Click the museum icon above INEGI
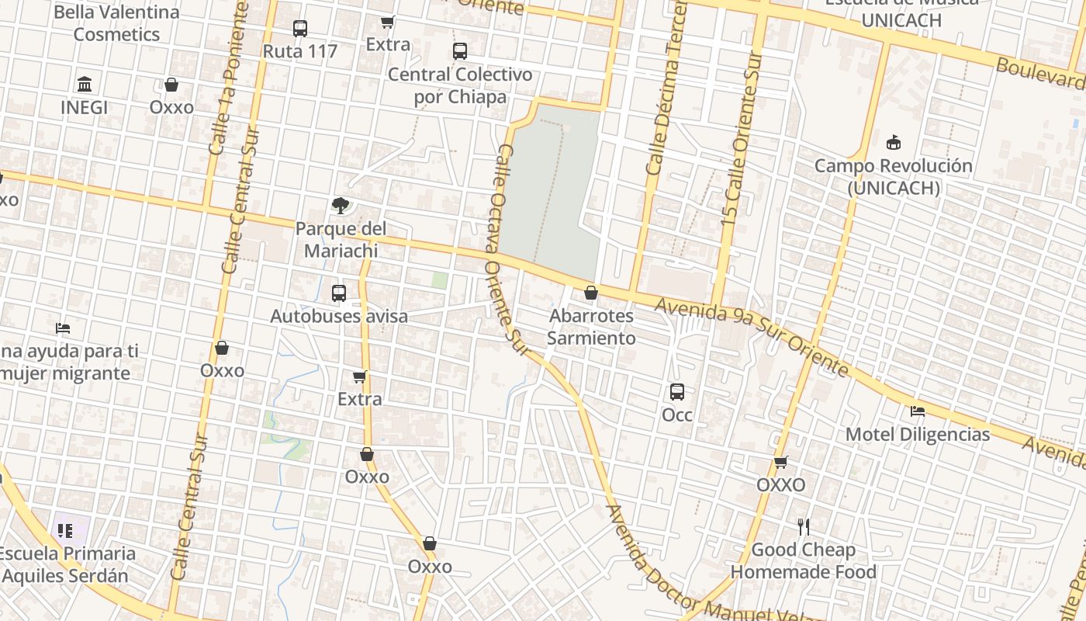pos(85,84)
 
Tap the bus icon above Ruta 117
pos(300,29)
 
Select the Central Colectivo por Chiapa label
pos(460,85)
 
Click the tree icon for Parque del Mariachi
pos(340,206)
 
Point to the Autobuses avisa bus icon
pos(339,293)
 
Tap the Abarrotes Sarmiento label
pos(591,327)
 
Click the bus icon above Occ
pos(677,392)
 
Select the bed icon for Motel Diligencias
pos(918,411)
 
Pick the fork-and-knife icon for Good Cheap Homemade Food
pos(804,527)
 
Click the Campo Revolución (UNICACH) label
pos(893,177)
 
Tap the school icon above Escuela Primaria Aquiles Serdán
pos(65,531)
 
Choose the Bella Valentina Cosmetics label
pos(116,23)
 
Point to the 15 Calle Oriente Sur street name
pos(741,140)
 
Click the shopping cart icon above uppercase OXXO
pos(781,463)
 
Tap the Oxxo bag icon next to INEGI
pos(171,85)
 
